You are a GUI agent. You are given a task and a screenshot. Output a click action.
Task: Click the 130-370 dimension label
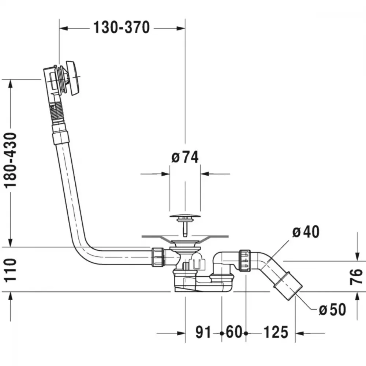coord(122,27)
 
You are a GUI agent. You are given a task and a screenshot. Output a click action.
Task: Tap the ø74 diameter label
coord(185,157)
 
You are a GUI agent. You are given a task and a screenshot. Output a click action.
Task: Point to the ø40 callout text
coord(306,232)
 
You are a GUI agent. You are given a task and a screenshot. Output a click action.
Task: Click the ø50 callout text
coord(332,309)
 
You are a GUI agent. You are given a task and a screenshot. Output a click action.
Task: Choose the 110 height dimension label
coord(11,270)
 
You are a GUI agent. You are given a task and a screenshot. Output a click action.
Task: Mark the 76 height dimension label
coord(356,277)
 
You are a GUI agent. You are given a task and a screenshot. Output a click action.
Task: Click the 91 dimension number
coord(203,332)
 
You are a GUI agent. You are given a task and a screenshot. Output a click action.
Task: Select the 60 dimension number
coord(234,332)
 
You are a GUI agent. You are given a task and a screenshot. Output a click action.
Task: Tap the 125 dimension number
coord(276,332)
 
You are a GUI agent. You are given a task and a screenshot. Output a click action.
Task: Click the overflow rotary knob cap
coord(73,78)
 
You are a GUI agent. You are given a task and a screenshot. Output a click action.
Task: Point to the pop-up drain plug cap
coord(185,216)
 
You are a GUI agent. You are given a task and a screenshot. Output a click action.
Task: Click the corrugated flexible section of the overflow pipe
coord(56,111)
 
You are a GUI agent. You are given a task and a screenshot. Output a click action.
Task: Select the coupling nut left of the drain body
coord(158,257)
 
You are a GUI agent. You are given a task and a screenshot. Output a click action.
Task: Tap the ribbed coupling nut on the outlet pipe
coord(244,261)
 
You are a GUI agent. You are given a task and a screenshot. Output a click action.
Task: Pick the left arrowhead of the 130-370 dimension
coord(63,29)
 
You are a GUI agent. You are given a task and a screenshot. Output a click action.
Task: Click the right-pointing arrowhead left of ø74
coord(165,174)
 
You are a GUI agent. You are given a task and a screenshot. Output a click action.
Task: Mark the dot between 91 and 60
coord(222,333)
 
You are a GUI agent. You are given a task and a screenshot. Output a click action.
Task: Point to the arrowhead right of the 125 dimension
coord(299,333)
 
